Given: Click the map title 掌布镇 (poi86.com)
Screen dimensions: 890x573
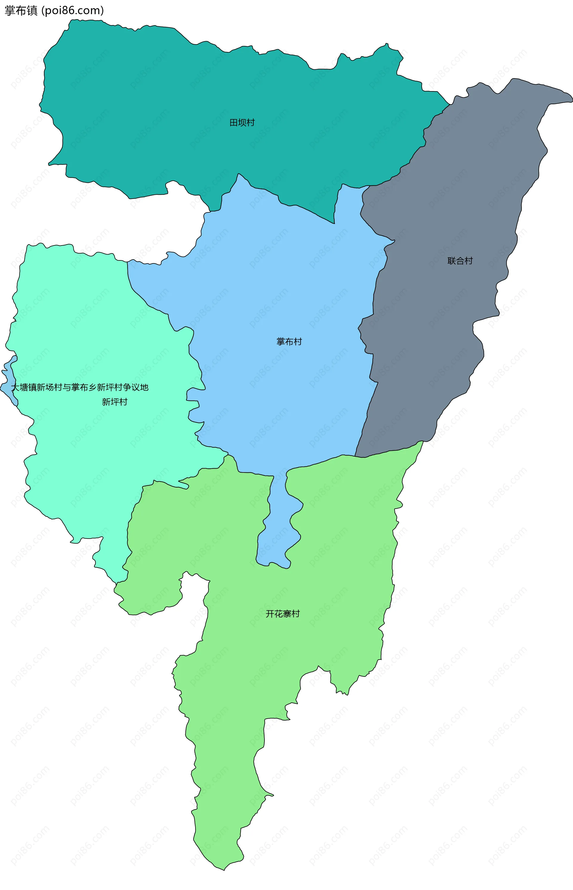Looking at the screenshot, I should click(54, 10).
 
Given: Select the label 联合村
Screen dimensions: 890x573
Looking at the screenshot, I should click(460, 261).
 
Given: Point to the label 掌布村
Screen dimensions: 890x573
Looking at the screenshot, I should click(289, 341).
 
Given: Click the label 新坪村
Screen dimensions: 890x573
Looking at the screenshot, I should click(115, 402).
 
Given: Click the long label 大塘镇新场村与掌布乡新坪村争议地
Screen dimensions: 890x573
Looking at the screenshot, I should click(80, 387).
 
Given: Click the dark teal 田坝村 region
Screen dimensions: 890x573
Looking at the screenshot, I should click(186, 93).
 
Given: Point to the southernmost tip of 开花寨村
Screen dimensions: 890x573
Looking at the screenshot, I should click(224, 869).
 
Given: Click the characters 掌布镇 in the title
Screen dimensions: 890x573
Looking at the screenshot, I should click(21, 10).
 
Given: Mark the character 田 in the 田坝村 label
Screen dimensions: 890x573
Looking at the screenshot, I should click(234, 122).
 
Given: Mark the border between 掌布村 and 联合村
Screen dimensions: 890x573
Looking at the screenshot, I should click(374, 298).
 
